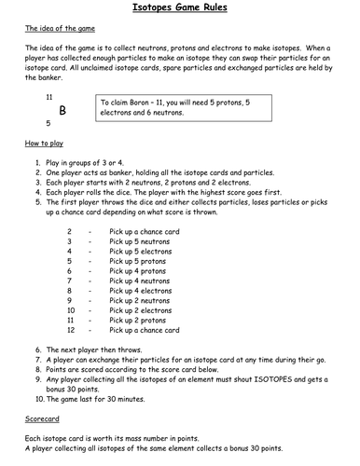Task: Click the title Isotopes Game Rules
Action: (180, 9)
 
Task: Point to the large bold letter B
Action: (62, 109)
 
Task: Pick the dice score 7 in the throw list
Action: (70, 281)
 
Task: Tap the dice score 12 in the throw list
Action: (71, 331)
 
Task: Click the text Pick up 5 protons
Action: (142, 260)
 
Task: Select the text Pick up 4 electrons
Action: (145, 291)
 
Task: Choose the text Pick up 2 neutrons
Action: (145, 301)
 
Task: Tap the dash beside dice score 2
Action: (91, 230)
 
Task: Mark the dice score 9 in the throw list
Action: (70, 301)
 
